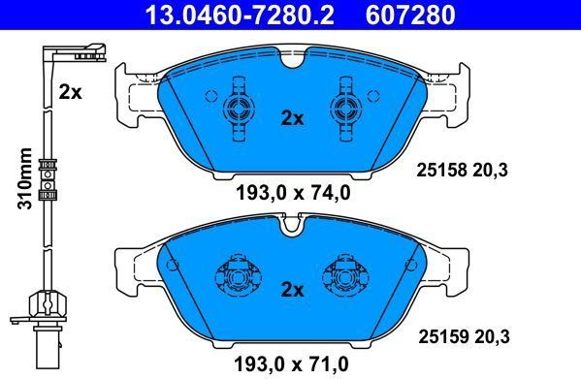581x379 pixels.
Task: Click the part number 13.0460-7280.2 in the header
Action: coord(241,15)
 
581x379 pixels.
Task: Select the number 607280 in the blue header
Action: coord(410,15)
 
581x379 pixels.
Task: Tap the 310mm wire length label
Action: coord(25,178)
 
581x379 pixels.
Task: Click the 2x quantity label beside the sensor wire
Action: coord(70,92)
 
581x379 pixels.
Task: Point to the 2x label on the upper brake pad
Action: coord(292,118)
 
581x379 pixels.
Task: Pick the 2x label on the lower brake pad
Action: coord(292,290)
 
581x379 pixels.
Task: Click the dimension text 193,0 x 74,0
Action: coord(293,193)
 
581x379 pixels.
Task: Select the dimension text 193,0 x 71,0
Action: coord(291,363)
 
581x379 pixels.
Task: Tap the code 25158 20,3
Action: coord(462,171)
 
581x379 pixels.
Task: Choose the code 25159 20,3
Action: coord(464,336)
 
